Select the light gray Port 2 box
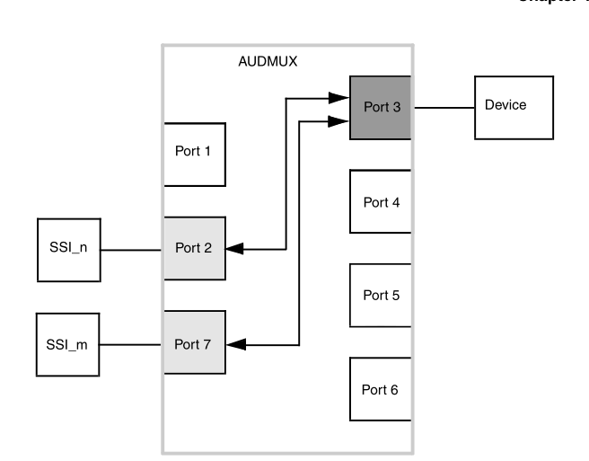click(193, 247)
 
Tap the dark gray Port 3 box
click(380, 108)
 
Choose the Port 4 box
click(380, 201)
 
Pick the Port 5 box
click(380, 295)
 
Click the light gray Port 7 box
click(193, 342)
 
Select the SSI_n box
click(68, 247)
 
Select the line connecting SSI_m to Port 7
click(131, 343)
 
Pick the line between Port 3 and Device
click(443, 107)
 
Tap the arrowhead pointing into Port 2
click(233, 249)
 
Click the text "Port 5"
click(380, 295)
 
